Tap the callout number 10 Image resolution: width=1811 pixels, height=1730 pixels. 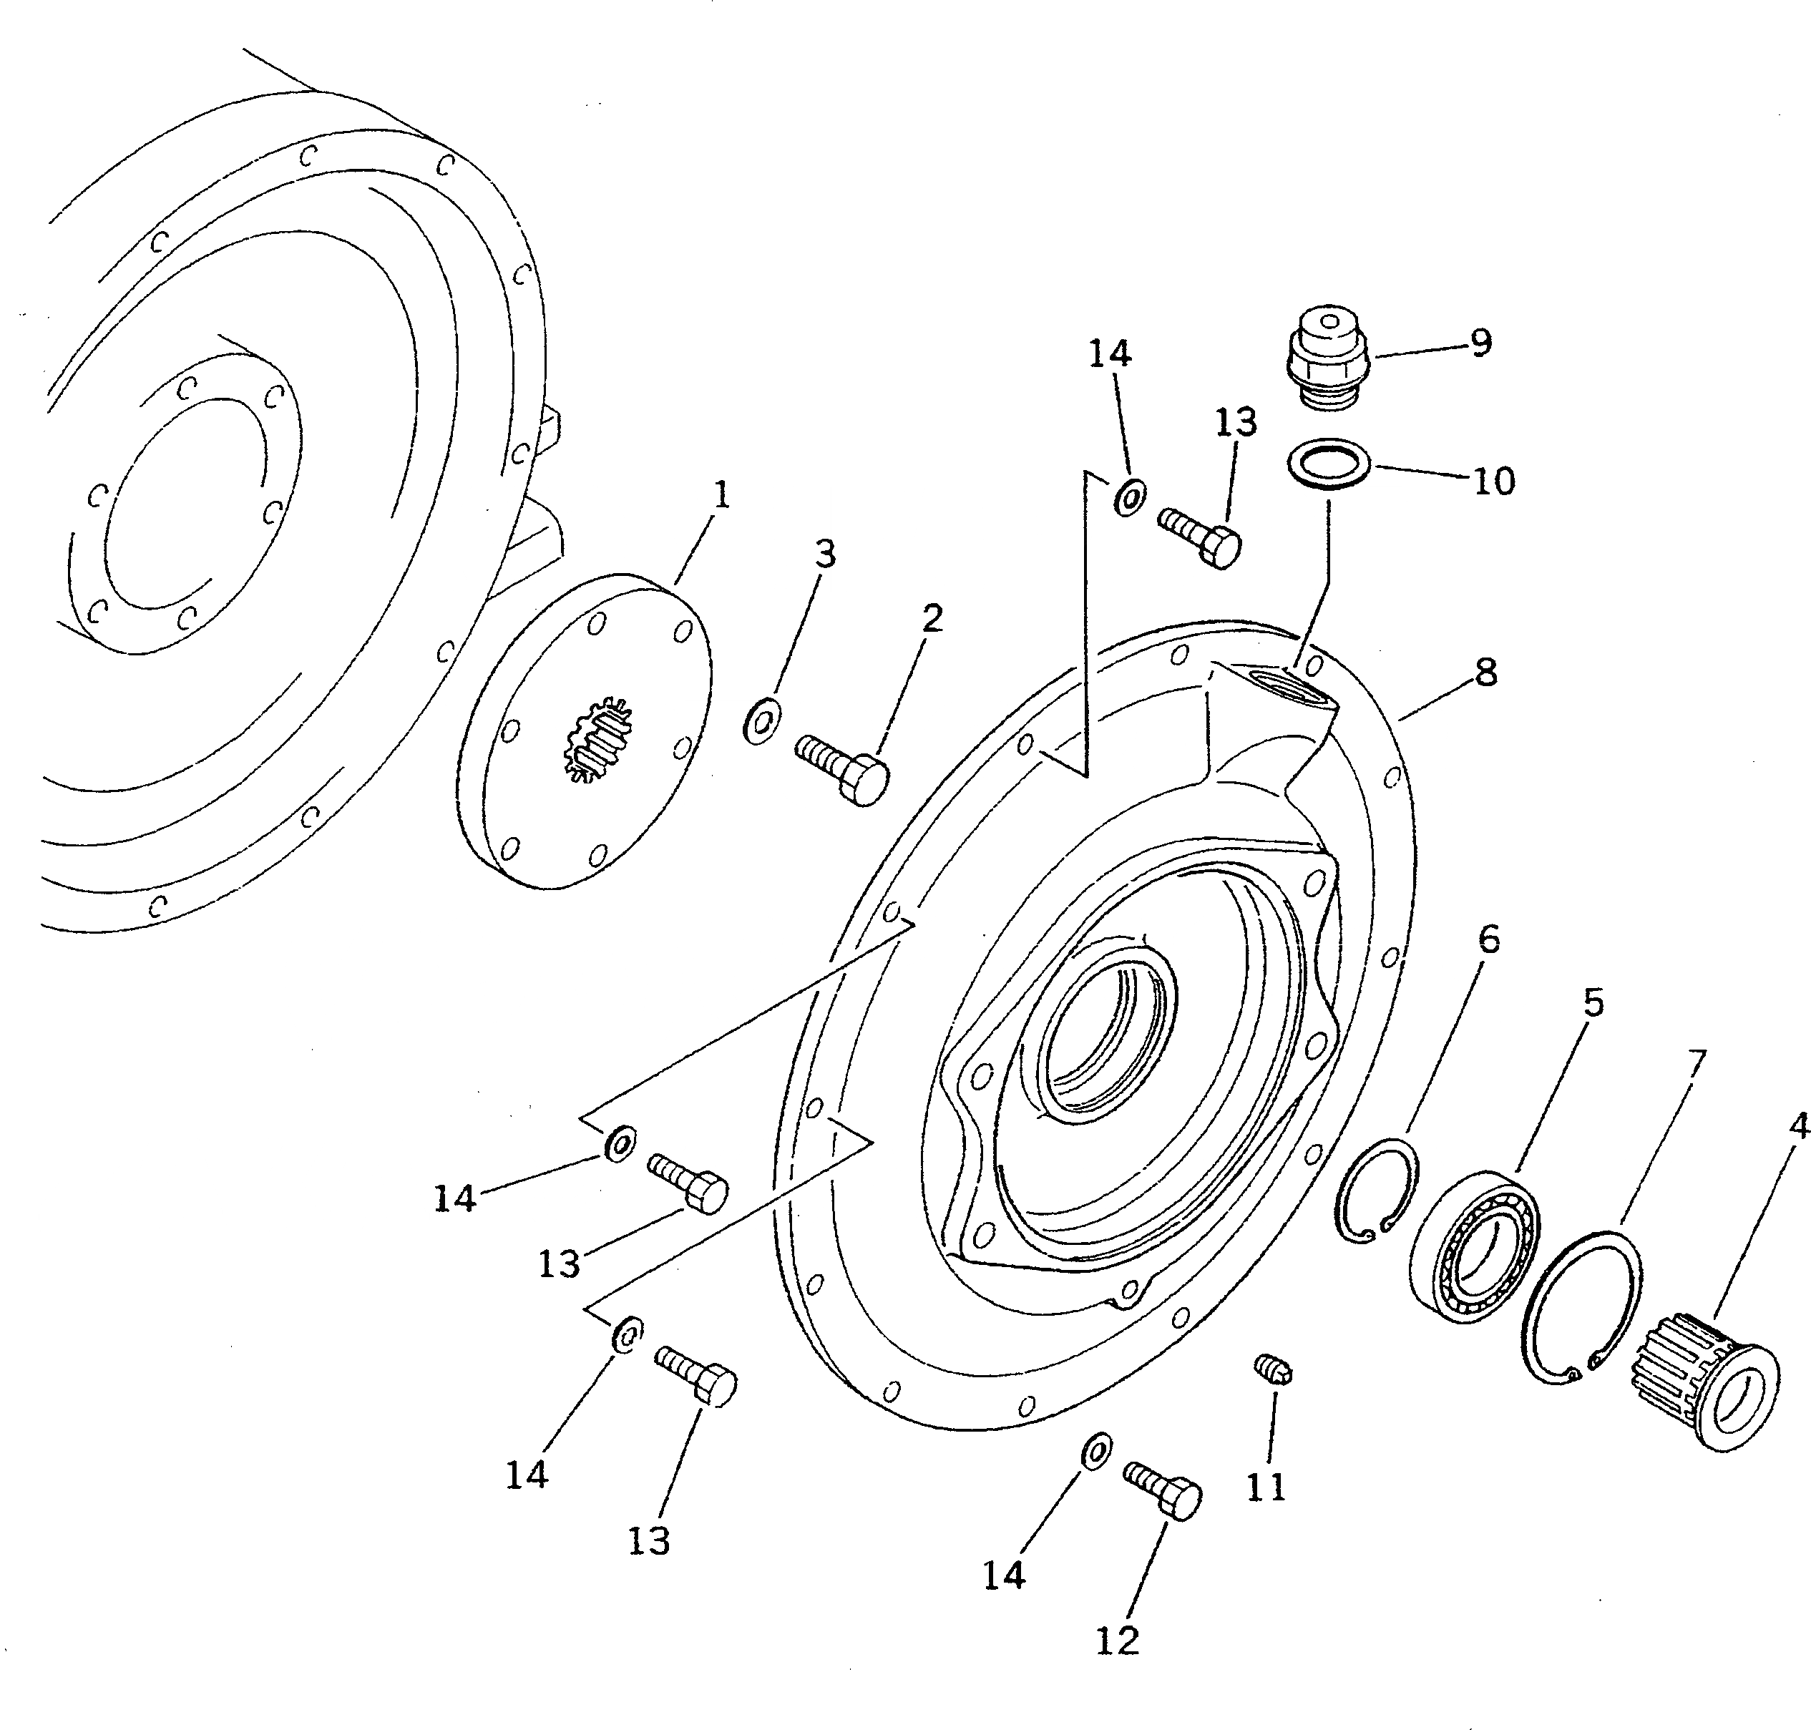pos(1494,482)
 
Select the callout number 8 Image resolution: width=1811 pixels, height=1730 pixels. pos(1485,674)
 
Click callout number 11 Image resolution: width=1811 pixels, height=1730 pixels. pos(1266,1487)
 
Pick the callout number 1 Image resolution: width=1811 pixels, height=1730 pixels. pos(722,496)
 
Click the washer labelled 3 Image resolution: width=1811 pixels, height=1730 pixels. pos(761,722)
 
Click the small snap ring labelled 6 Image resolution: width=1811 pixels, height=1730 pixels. pos(1377,1190)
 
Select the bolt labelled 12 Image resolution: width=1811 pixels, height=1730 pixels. pos(1163,1492)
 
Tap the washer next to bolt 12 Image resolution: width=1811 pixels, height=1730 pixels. pos(1093,1452)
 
